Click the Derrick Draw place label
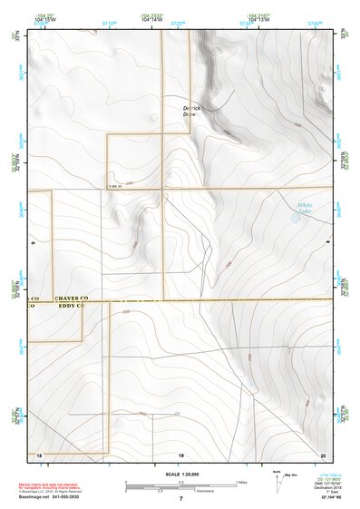tap(190, 112)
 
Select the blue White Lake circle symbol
tap(296, 218)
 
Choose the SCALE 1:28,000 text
tap(180, 473)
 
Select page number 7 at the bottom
tap(180, 498)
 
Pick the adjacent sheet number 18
tap(38, 453)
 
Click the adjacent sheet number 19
tap(180, 453)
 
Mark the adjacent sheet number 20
tap(323, 453)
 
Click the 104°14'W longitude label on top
tap(151, 20)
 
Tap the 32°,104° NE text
tap(326, 498)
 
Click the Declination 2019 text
tap(326, 486)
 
